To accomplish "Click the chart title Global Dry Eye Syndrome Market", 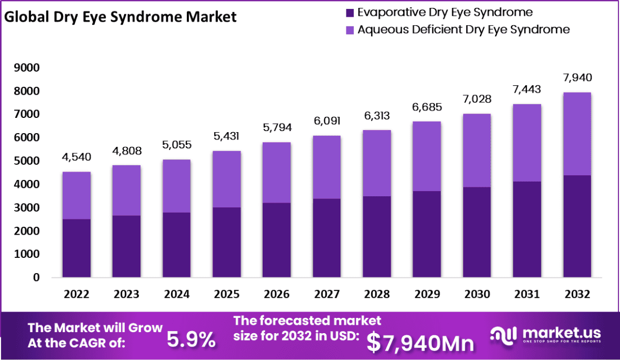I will point(120,17).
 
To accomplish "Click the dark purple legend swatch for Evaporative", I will point(349,12).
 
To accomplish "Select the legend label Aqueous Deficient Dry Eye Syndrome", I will point(463,29).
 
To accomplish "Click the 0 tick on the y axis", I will point(36,277).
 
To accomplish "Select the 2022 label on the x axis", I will point(77,294).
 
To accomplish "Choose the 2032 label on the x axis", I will point(577,294).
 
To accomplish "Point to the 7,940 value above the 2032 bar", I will point(577,78).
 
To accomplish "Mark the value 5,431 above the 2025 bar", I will point(227,136).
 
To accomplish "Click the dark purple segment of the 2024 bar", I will point(177,245).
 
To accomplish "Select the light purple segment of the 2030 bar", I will point(477,151).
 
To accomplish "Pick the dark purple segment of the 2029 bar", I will point(427,234).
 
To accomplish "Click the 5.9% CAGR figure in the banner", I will point(191,340).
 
